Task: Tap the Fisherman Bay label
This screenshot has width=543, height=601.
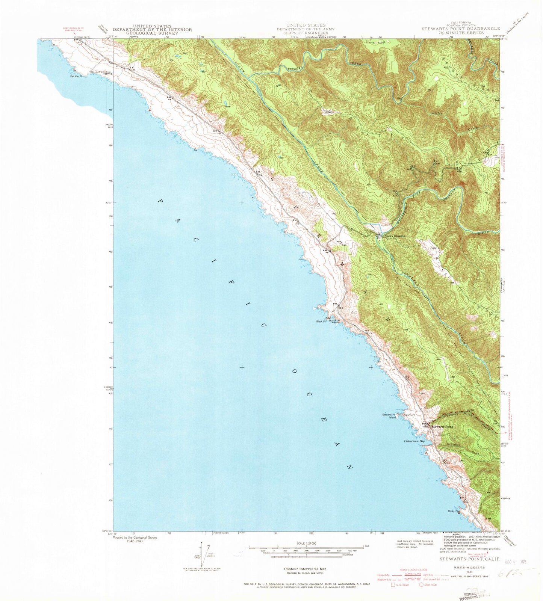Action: point(414,441)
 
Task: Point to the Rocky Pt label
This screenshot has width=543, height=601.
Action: point(452,511)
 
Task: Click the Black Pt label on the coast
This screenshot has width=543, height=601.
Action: point(320,321)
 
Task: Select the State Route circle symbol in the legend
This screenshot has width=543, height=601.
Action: point(422,595)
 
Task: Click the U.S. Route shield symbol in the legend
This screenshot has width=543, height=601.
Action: point(393,595)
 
